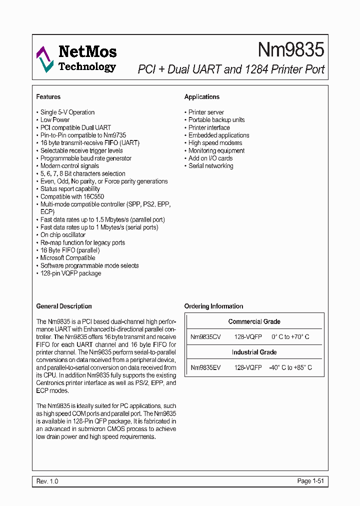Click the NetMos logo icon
pyautogui.click(x=44, y=59)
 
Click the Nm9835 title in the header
pyautogui.click(x=291, y=49)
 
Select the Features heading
pyautogui.click(x=48, y=97)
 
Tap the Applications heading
pyautogui.click(x=202, y=97)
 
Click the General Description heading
pyautogui.click(x=64, y=306)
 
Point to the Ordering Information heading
pyautogui.click(x=213, y=306)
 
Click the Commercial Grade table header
pyautogui.click(x=254, y=321)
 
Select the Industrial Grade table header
pyautogui.click(x=254, y=352)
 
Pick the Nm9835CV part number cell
pyautogui.click(x=205, y=337)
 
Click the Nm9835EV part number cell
pyautogui.click(x=205, y=367)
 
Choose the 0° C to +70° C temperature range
pyautogui.click(x=290, y=337)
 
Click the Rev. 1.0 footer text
pyautogui.click(x=47, y=481)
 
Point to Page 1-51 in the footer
pyautogui.click(x=311, y=481)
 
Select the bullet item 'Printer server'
pyautogui.click(x=206, y=112)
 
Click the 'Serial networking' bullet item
pyautogui.click(x=210, y=166)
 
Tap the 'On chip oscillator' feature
pyautogui.click(x=63, y=235)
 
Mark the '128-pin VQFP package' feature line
pyautogui.click(x=70, y=273)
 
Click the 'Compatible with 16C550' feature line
pyautogui.click(x=72, y=196)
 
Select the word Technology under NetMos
pyautogui.click(x=87, y=67)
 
